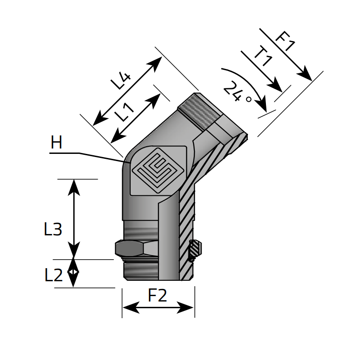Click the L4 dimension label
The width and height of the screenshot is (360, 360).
click(120, 81)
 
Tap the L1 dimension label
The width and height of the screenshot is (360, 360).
click(125, 112)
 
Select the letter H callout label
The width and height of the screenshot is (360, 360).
click(56, 142)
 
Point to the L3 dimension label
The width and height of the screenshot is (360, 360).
click(53, 229)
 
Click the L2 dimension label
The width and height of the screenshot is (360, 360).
click(54, 275)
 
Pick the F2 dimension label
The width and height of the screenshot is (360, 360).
click(157, 295)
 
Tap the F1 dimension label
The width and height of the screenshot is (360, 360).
click(284, 41)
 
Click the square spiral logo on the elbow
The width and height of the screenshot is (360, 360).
click(158, 170)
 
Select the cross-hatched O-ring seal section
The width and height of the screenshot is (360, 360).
click(195, 249)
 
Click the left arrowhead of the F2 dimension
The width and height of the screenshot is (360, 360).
click(131, 307)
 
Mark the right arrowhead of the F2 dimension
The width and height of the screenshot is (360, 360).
click(185, 307)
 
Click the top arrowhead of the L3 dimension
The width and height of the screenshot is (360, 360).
click(74, 187)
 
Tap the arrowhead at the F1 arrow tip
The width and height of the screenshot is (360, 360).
click(305, 73)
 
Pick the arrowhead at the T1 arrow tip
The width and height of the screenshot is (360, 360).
click(274, 85)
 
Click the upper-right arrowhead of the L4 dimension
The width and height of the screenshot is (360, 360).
click(154, 64)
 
